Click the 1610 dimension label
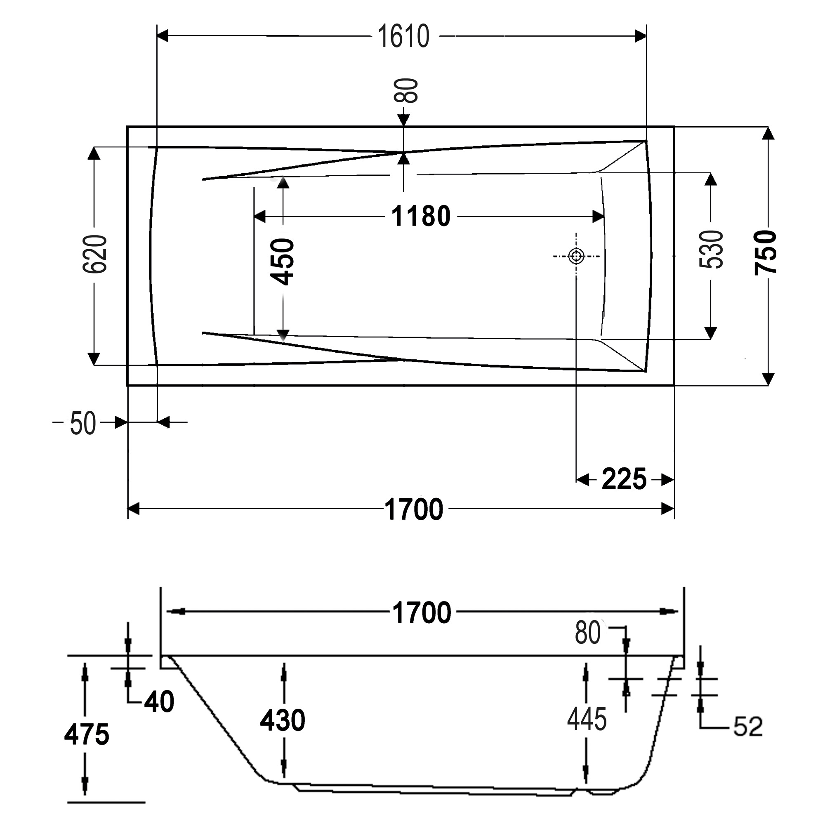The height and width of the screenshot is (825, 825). (403, 36)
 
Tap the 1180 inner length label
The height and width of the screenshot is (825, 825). (421, 216)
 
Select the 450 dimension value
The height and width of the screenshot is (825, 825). (283, 262)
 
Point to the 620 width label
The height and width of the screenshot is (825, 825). (94, 254)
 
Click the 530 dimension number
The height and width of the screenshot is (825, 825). (712, 250)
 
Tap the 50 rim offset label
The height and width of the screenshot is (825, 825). (83, 424)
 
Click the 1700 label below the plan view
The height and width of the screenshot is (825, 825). (414, 509)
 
